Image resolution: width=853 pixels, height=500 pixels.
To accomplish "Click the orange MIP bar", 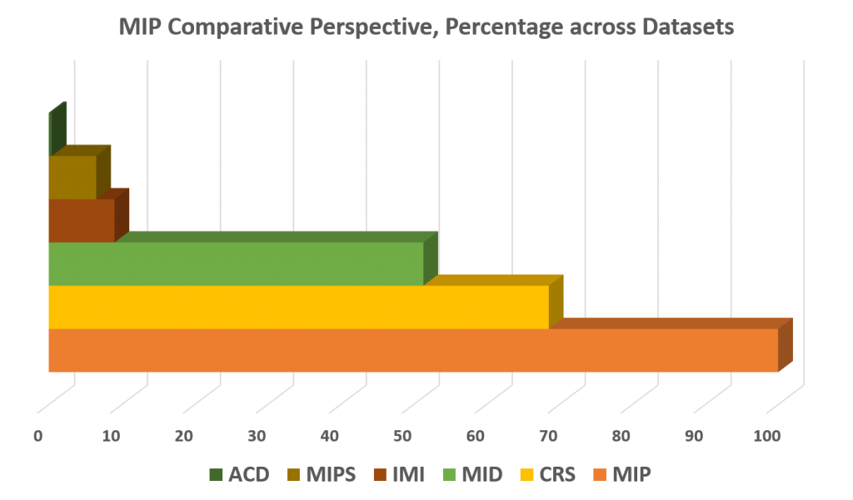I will tap(412, 350).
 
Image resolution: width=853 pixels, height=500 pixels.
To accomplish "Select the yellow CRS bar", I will tap(297, 307).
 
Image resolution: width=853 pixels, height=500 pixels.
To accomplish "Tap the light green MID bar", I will tap(235, 264).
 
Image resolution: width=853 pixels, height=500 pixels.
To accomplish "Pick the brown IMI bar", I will tap(80, 220).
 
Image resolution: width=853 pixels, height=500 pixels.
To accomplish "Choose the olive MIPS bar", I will tap(72, 177).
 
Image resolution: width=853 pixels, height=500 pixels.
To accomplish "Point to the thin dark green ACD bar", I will tap(50, 134).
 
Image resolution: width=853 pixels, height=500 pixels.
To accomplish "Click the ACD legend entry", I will tap(240, 475).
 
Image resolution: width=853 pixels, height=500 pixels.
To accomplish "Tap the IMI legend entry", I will tap(399, 475).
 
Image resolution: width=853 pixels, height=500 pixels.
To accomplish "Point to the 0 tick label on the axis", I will tap(38, 435).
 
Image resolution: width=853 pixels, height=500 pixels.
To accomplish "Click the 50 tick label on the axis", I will tap(402, 435).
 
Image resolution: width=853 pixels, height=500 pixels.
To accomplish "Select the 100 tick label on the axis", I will tap(766, 435).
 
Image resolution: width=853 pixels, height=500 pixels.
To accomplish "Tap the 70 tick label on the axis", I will tap(548, 435).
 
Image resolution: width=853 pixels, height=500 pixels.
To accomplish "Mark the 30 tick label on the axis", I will tap(257, 435).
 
